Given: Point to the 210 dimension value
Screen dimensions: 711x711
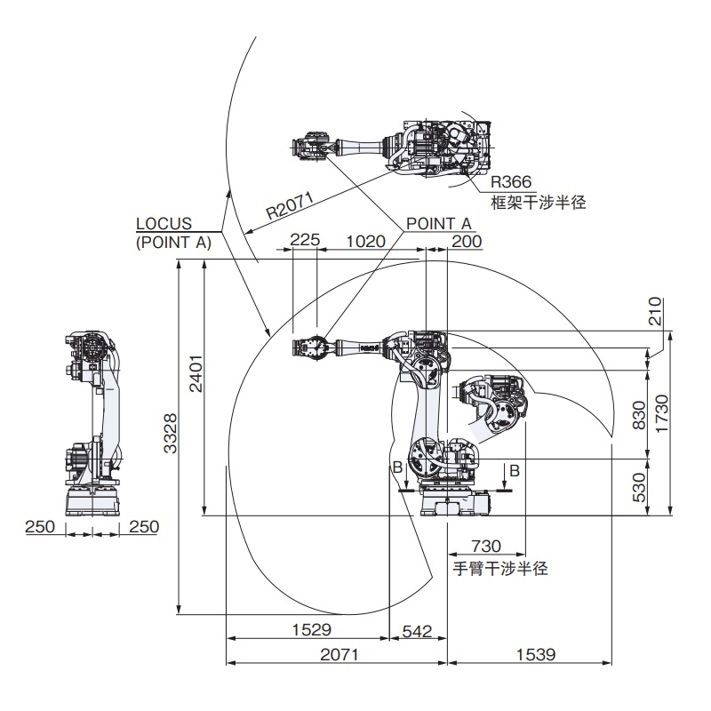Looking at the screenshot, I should click(x=657, y=311).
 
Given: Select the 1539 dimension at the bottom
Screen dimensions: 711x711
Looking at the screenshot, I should click(x=533, y=654).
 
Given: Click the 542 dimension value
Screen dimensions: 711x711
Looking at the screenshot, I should click(x=417, y=630).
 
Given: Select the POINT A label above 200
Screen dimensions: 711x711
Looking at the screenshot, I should click(x=438, y=223).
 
